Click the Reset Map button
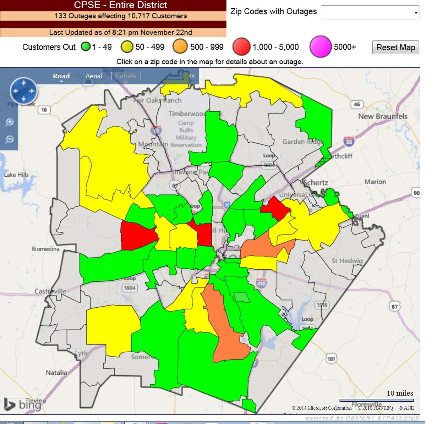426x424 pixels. [395, 48]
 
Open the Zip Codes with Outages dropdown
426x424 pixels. [370, 13]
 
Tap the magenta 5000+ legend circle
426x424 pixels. [320, 46]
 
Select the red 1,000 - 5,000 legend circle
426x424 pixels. [241, 47]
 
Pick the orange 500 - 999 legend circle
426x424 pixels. [180, 47]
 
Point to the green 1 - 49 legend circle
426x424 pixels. [86, 46]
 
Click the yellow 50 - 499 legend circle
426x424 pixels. [127, 47]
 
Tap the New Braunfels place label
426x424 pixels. [383, 116]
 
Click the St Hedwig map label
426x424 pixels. [347, 261]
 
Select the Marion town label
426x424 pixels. [375, 182]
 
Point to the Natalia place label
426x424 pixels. [56, 373]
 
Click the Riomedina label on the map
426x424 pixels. [45, 249]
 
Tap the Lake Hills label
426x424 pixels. [16, 175]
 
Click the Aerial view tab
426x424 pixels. [93, 76]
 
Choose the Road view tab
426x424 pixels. [61, 76]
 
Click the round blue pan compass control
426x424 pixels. [23, 91]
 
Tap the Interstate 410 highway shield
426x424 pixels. [261, 283]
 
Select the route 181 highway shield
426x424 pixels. [331, 359]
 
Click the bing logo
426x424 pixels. [21, 404]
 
